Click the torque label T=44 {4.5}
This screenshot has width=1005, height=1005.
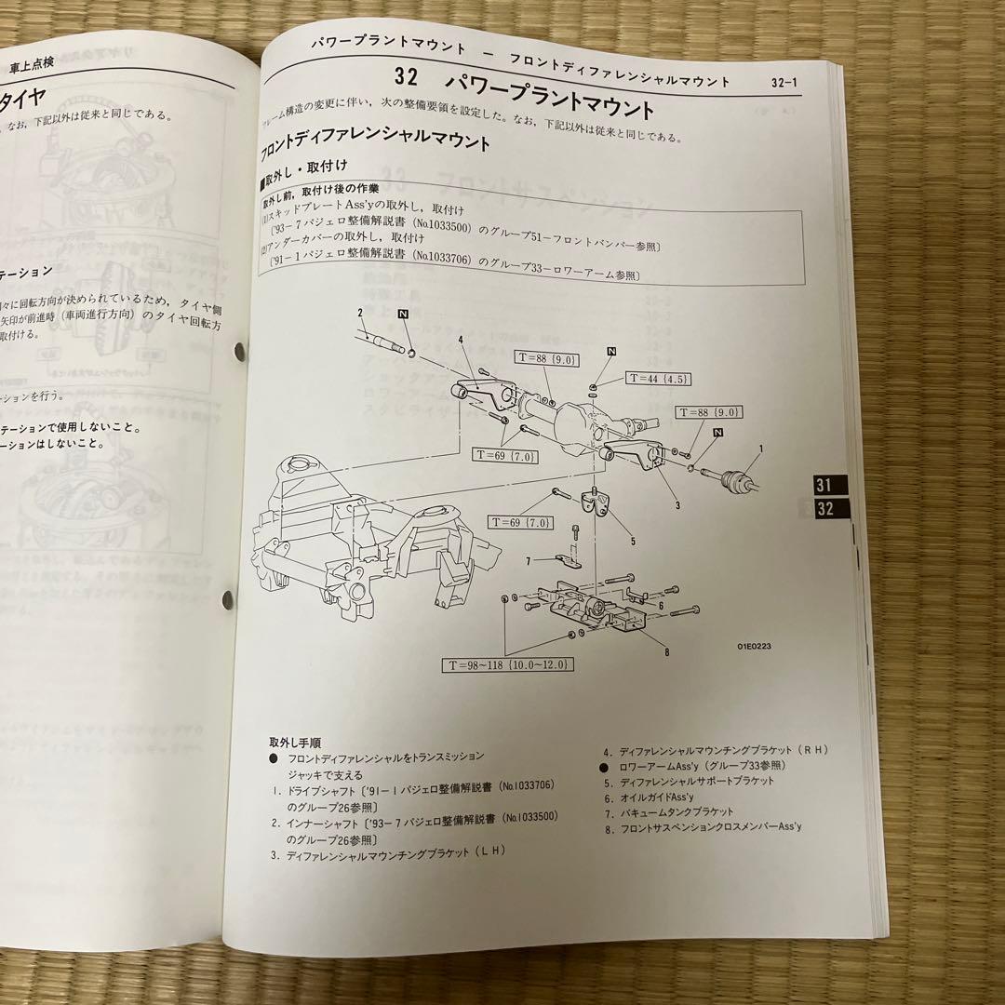click(658, 379)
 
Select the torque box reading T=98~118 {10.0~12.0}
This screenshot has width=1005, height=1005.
click(509, 664)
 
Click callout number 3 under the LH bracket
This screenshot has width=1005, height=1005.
click(677, 505)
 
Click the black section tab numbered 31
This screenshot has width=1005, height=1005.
click(822, 484)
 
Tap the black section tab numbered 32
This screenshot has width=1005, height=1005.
click(824, 509)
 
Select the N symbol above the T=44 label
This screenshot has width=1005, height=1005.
click(611, 351)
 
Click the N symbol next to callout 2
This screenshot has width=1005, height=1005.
click(404, 315)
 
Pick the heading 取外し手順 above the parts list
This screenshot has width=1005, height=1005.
click(295, 743)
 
